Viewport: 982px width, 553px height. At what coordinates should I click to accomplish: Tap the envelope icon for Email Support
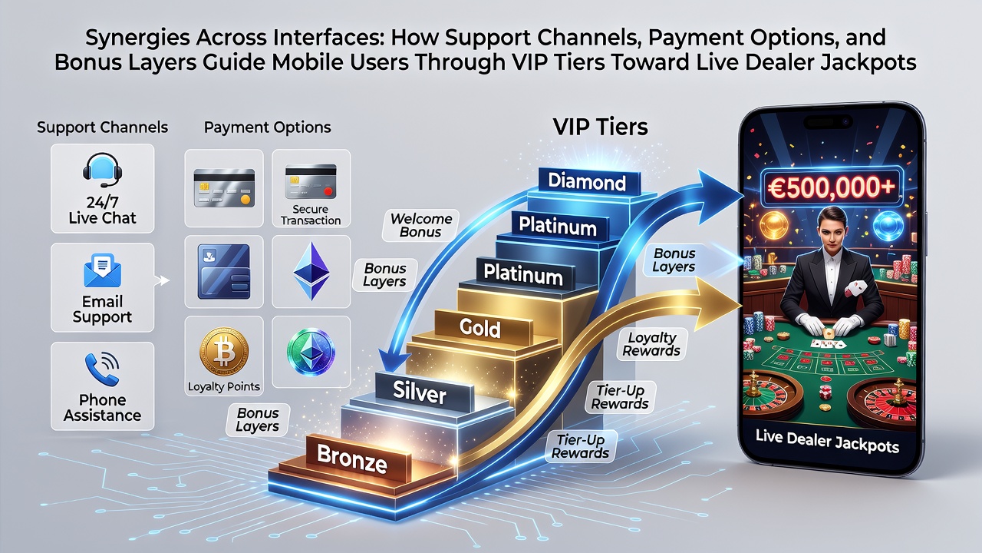pos(102,271)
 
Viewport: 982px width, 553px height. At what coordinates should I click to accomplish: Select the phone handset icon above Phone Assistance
pos(102,369)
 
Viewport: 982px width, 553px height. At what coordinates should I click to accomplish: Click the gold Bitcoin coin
pos(223,352)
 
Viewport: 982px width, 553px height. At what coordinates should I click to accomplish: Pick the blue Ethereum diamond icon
pos(311,271)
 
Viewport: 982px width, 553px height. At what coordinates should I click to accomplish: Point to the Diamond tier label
pos(587,182)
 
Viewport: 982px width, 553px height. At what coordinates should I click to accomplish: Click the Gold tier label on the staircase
pos(480,328)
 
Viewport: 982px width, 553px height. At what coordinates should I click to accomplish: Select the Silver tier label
pos(420,392)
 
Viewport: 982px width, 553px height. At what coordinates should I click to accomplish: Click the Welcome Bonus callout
pos(421,225)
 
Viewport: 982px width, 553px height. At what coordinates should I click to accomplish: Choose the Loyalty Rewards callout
pos(651,344)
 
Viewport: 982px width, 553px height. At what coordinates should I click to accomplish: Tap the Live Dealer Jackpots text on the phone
pos(827,441)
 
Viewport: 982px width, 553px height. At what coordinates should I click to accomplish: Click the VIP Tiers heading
pos(600,127)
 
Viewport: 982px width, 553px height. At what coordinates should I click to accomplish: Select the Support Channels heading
pos(102,127)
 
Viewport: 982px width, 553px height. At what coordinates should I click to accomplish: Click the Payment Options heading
pos(268,127)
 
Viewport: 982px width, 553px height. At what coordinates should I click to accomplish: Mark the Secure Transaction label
pos(311,214)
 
